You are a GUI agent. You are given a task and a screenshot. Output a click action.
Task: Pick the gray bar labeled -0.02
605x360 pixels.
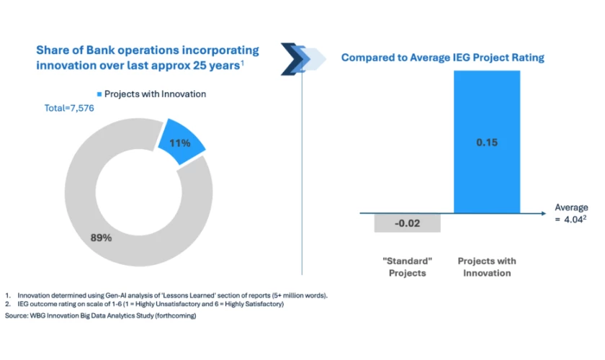pyautogui.click(x=407, y=222)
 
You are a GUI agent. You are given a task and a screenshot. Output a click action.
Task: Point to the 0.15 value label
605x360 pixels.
pyautogui.click(x=488, y=143)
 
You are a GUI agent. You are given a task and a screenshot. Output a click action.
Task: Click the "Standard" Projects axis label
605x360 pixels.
pyautogui.click(x=407, y=267)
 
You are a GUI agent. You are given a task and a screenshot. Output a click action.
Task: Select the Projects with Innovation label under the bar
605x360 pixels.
pyautogui.click(x=487, y=267)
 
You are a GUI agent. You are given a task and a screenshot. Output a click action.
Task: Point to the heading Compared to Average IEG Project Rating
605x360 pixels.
pyautogui.click(x=442, y=57)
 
